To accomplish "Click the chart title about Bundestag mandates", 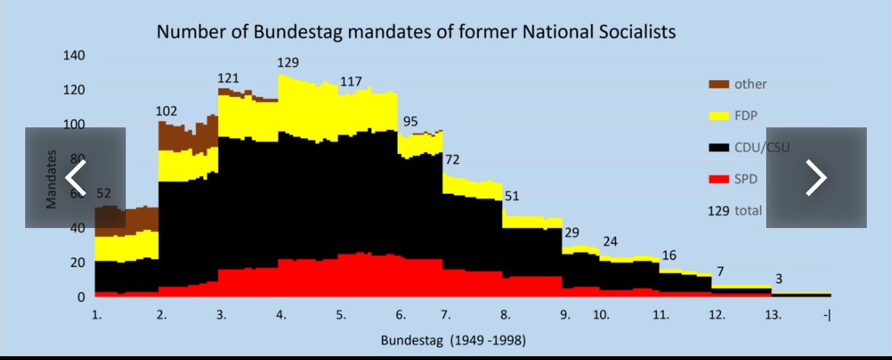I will point(416,32).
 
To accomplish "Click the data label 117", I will point(351,81).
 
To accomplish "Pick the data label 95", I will point(410,121).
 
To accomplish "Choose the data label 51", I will point(512,195).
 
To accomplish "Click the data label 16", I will point(669,256).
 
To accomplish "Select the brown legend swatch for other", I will point(718,84).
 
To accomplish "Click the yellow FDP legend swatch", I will point(718,115).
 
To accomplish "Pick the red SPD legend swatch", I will point(718,179).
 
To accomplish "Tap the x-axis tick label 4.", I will point(281,314).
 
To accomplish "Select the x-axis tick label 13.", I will point(772,314).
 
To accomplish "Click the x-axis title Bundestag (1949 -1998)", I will point(452,339).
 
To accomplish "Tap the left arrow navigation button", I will point(75,178).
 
